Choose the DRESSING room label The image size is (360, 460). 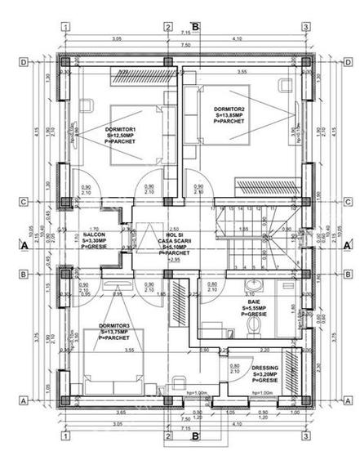tap(267, 373)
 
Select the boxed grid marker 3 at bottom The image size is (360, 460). tap(304, 435)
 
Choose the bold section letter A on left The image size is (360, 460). tap(25, 244)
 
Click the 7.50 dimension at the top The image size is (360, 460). tap(186, 46)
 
